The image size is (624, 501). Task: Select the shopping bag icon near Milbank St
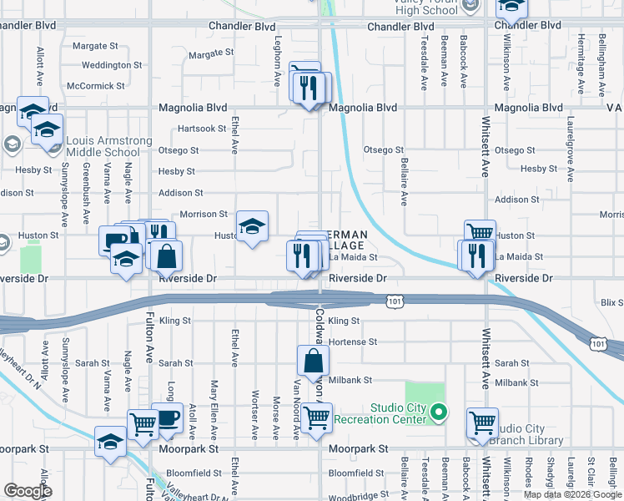pyautogui.click(x=313, y=362)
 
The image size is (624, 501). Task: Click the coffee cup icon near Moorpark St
pyautogui.click(x=169, y=417)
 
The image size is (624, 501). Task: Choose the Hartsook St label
pyautogui.click(x=202, y=129)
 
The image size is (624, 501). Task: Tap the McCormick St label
pyautogui.click(x=96, y=86)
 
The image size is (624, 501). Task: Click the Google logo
pyautogui.click(x=28, y=491)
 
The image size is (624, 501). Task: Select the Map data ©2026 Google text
pyautogui.click(x=571, y=494)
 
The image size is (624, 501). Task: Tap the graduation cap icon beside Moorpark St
pyautogui.click(x=110, y=441)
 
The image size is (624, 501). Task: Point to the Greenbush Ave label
pyautogui.click(x=86, y=199)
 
